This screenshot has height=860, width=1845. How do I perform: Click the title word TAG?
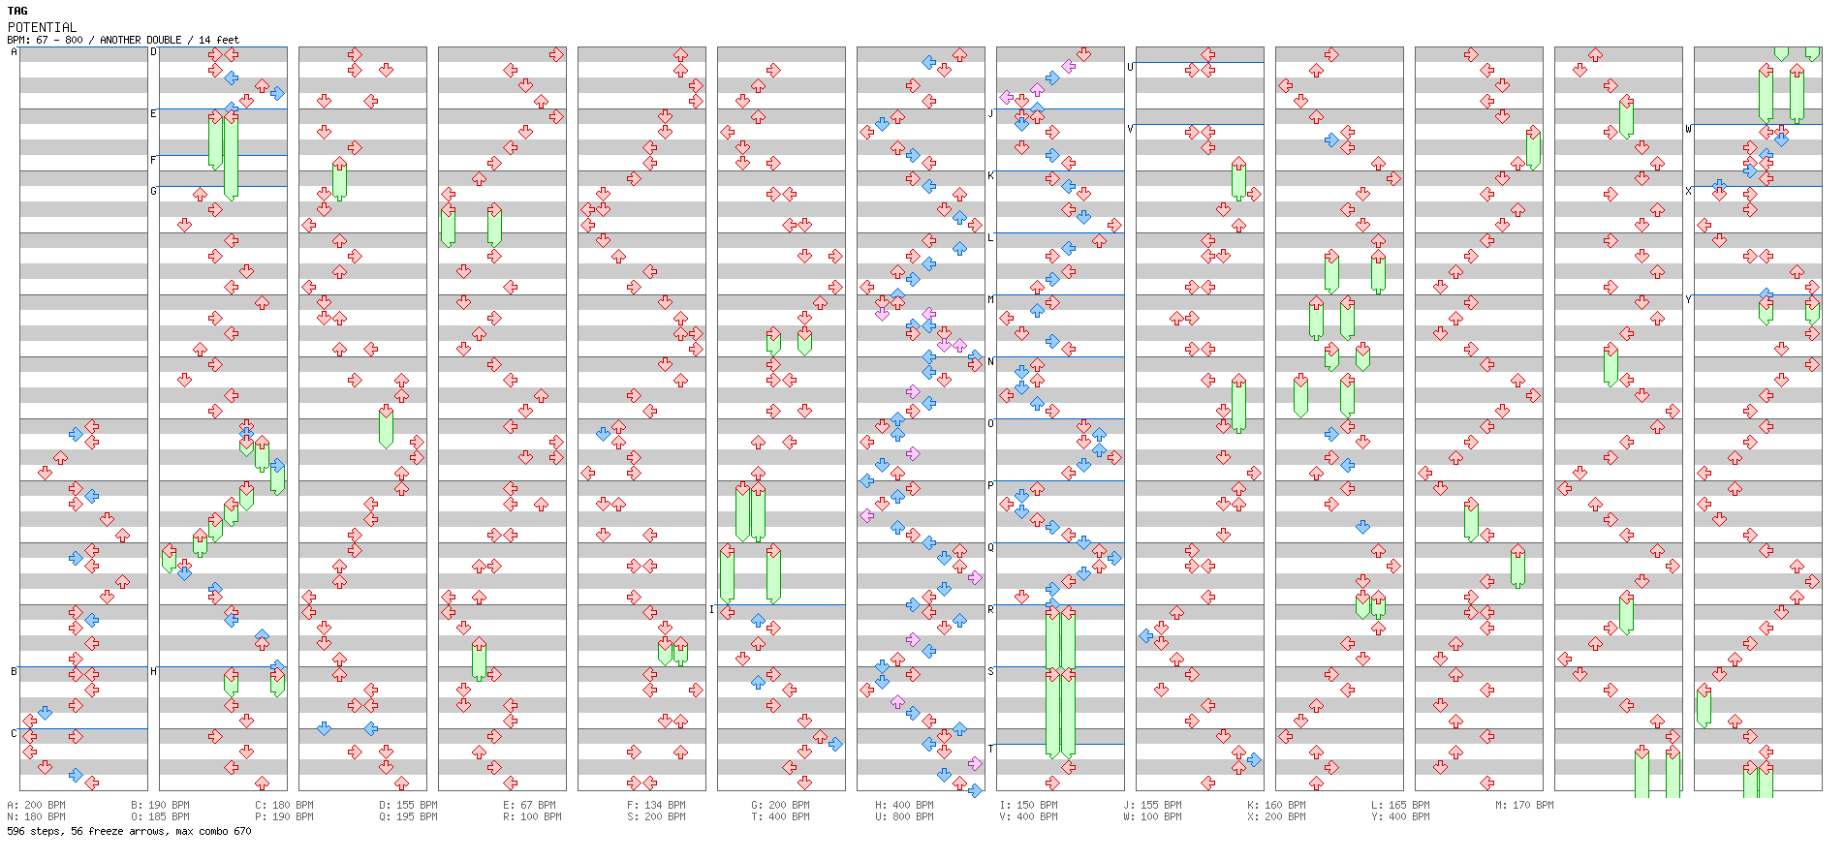[17, 11]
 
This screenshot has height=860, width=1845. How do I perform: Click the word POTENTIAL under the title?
[42, 27]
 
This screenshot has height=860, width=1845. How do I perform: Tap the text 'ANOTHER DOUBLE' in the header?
[141, 40]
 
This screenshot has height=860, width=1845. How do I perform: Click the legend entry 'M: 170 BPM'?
[1524, 805]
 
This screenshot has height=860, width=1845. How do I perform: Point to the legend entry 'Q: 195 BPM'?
[408, 816]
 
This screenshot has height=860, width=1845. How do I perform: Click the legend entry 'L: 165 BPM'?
[1400, 805]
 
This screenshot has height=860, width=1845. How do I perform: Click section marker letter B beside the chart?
[14, 671]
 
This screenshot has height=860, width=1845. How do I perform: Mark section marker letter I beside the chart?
[711, 609]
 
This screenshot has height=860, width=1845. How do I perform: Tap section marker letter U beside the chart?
[1130, 67]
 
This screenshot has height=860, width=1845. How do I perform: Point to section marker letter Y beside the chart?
[1688, 299]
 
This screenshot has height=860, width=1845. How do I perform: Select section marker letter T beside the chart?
[990, 749]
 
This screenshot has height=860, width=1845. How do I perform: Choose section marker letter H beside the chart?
[153, 671]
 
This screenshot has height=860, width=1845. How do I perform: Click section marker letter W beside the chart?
[1688, 129]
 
